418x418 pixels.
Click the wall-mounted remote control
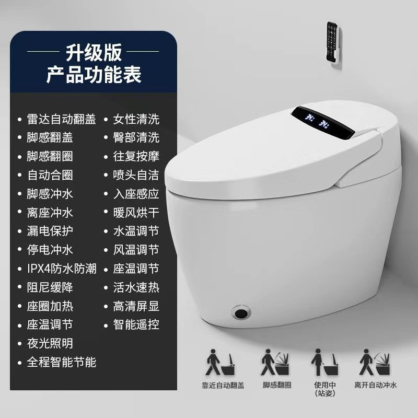click(x=333, y=43)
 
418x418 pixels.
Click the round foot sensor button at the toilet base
click(x=241, y=312)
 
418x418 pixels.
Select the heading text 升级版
click(x=94, y=52)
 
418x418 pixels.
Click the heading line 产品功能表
click(x=94, y=74)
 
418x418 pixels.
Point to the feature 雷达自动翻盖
click(x=61, y=119)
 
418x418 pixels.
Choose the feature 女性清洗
click(x=136, y=119)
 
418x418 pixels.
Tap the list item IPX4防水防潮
click(x=62, y=269)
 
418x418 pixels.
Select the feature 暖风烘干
click(x=136, y=213)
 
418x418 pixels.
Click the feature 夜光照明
click(x=50, y=343)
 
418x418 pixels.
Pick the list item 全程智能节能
click(x=61, y=362)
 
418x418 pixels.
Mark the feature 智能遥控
click(x=136, y=324)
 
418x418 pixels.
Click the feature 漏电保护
click(x=50, y=231)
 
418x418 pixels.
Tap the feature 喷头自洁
click(x=136, y=175)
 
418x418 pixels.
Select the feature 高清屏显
click(x=136, y=306)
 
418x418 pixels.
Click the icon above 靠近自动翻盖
click(x=220, y=362)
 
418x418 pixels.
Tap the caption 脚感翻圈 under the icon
click(x=277, y=385)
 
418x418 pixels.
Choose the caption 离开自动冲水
click(x=376, y=385)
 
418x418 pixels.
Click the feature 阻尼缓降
click(x=50, y=287)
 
